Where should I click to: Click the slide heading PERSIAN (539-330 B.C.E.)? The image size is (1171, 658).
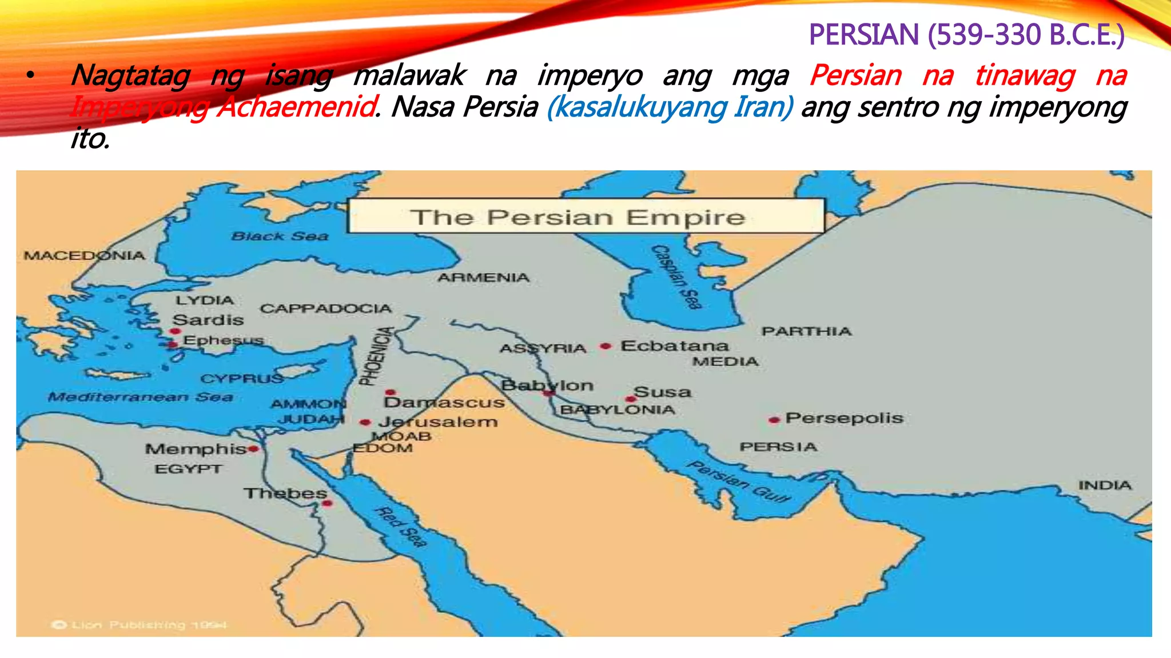966,35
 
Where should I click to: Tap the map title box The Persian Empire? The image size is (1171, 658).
586,216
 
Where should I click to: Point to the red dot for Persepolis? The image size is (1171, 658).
774,420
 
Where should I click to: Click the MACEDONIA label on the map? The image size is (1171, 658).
84,255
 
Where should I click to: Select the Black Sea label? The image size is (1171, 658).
280,236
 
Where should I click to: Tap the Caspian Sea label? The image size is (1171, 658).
677,277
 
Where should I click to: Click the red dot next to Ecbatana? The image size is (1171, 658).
606,346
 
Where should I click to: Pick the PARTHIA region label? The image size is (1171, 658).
806,331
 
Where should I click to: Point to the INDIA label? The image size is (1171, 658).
1105,486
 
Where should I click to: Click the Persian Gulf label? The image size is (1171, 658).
739,481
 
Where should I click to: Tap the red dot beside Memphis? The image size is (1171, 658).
253,450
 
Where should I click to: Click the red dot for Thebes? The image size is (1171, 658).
327,503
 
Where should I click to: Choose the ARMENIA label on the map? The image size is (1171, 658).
483,278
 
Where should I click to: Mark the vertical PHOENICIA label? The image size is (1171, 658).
376,356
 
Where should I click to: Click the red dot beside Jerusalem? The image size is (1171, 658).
365,423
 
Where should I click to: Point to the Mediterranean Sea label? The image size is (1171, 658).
140,397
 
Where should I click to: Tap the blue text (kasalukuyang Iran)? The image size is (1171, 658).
670,107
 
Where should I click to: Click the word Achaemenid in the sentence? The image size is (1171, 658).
296,107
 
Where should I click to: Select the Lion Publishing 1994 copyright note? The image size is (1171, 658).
140,625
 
